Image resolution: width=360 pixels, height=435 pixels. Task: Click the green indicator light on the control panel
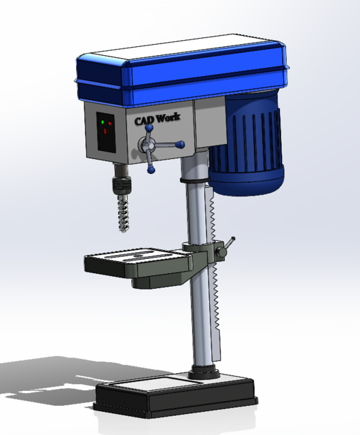pyautogui.click(x=102, y=122)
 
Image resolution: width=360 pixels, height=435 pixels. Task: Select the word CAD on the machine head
pyautogui.click(x=143, y=120)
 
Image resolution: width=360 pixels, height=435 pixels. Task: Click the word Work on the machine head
pyautogui.click(x=167, y=118)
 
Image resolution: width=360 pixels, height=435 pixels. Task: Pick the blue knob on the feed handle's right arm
pyautogui.click(x=181, y=144)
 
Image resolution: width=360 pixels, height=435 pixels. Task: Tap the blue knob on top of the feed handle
pyautogui.click(x=147, y=126)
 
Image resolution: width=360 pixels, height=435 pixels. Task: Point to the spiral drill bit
pyautogui.click(x=122, y=214)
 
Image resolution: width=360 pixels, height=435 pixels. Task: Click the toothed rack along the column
pyautogui.click(x=215, y=272)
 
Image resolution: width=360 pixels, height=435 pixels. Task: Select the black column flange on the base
pyautogui.click(x=204, y=372)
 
